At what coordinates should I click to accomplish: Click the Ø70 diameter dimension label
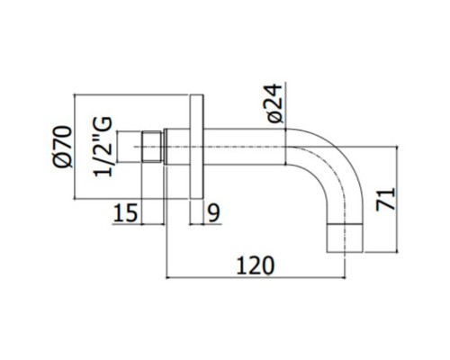coord(62,147)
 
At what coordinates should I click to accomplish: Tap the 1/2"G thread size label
coord(103,147)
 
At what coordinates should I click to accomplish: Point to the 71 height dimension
coord(385,199)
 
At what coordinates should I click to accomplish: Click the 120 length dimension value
coord(256,265)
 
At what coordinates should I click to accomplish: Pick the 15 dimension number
coord(125,212)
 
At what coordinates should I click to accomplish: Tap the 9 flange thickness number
coord(214,212)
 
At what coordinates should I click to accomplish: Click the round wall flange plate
coord(197,147)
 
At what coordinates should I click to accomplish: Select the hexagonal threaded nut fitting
coord(152,147)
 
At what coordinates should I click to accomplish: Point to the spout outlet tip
coord(345,238)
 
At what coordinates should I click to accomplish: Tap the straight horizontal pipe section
coord(245,147)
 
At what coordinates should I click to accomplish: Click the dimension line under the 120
coord(256,278)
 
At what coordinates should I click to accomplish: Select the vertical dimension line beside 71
coord(397,199)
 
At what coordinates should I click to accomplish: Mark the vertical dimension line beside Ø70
coord(74,147)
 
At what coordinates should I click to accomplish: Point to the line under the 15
coord(139,224)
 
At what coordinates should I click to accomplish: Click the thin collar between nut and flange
coord(165,147)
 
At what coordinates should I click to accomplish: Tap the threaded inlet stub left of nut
coord(130,147)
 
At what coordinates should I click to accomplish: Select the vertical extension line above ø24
coord(285,105)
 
